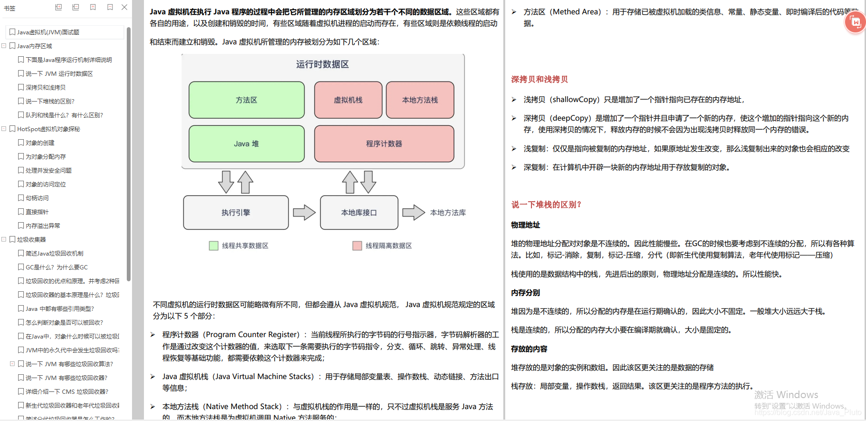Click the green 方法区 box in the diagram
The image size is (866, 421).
(x=246, y=100)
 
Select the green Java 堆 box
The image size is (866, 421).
(x=246, y=144)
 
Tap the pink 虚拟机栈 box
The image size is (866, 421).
(x=348, y=100)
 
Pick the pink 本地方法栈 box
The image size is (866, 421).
(x=420, y=100)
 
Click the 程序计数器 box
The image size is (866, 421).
(x=384, y=144)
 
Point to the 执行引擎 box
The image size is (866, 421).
(x=236, y=213)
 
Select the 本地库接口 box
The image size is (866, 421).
(x=359, y=213)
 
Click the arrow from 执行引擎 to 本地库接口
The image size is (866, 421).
(x=304, y=213)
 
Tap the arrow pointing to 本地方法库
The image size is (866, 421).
(x=413, y=213)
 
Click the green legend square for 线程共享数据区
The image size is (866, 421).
(x=214, y=246)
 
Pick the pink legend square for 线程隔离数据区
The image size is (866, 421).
(x=357, y=246)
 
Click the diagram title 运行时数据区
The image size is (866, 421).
(x=323, y=64)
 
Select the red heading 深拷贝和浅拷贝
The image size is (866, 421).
(x=540, y=80)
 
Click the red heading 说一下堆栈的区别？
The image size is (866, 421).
(x=546, y=205)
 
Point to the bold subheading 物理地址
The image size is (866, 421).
(x=526, y=225)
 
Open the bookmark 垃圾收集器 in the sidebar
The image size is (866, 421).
(x=31, y=239)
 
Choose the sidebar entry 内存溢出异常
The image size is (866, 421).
(x=43, y=226)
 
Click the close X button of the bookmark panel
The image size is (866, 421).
(x=124, y=7)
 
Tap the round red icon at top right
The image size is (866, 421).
(x=855, y=22)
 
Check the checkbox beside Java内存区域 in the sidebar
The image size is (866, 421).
(x=12, y=46)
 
